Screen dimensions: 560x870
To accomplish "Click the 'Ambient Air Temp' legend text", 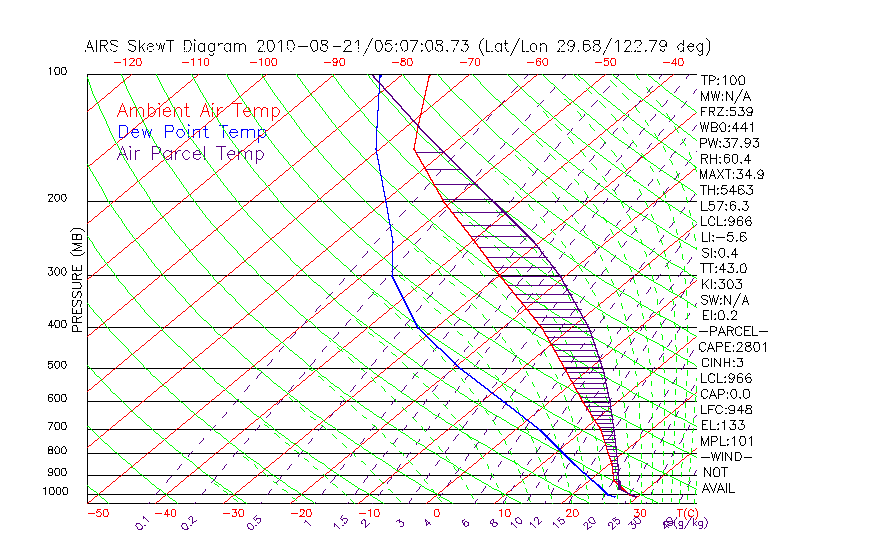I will click(198, 111).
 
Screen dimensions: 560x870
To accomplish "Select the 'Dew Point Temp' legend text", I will click(192, 132).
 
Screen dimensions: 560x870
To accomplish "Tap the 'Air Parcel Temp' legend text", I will click(190, 153).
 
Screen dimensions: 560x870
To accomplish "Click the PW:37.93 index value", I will click(729, 143).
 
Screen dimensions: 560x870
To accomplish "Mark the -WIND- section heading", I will click(727, 456).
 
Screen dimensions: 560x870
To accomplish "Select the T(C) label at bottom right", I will click(688, 513).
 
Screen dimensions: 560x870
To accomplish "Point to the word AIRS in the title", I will click(105, 46).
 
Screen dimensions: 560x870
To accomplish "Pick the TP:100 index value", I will click(723, 80).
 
